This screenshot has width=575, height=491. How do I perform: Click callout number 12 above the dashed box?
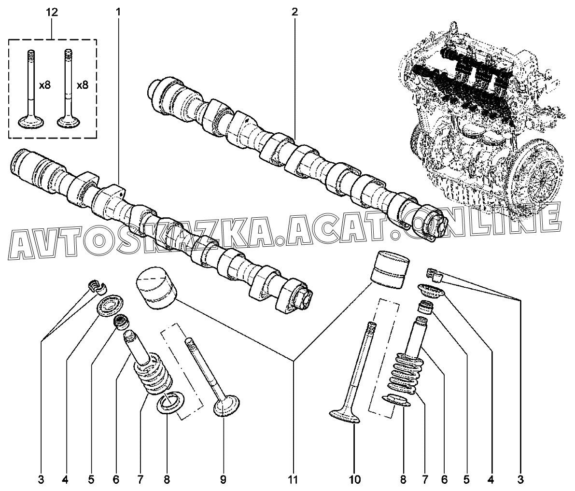point(52,12)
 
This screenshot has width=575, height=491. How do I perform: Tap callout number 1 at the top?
point(118,12)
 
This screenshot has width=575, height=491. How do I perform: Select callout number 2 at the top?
point(295,12)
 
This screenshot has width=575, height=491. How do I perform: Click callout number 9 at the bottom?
point(224,479)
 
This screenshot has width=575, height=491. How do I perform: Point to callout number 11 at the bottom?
point(293,479)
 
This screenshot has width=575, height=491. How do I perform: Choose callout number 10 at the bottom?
point(355,479)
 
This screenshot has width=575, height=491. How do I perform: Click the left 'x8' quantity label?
point(45,86)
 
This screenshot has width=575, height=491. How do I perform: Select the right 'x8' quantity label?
point(82,86)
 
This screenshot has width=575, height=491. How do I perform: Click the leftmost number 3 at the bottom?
point(41,479)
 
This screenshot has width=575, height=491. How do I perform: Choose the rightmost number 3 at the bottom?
point(519,479)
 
